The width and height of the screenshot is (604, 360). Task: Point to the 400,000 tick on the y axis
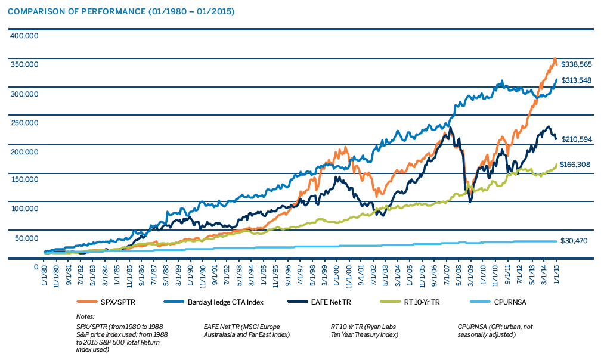(24, 36)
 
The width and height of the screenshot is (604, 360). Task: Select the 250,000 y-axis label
(24, 123)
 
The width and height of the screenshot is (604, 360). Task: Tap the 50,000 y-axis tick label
(26, 238)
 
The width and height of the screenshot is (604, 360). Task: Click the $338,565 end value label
(576, 64)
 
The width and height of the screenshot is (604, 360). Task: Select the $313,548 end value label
(576, 80)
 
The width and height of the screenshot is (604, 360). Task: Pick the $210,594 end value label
(576, 139)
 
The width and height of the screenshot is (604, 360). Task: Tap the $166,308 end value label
(576, 164)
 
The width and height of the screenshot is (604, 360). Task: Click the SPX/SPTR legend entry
(119, 302)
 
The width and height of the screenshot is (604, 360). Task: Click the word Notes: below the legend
(86, 316)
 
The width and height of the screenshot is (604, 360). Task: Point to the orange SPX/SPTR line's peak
(555, 58)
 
